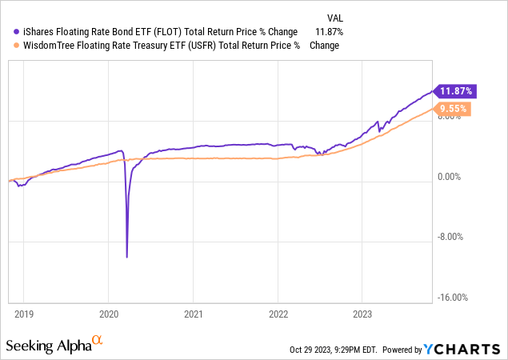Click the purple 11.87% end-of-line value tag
450,91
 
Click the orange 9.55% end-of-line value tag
453,109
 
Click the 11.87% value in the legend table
329,31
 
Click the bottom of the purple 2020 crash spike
127,257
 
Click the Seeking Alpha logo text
47,346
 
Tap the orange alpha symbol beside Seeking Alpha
98,341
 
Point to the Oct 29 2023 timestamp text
333,350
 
